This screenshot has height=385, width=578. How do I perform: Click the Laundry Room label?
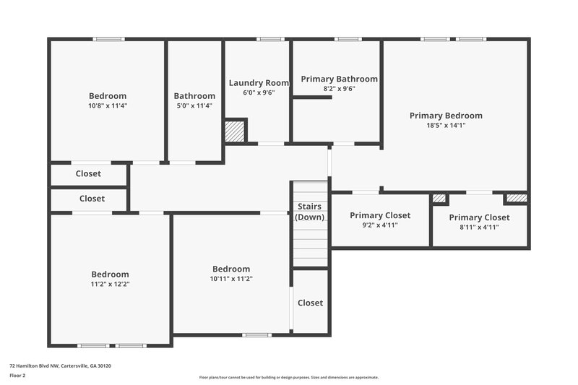click(259, 83)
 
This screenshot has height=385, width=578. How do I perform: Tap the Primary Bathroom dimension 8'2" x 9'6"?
click(339, 89)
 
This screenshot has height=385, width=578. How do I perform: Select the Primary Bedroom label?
click(446, 116)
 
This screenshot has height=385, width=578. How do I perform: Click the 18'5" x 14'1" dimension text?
click(446, 125)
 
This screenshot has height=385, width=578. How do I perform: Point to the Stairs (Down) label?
click(310, 212)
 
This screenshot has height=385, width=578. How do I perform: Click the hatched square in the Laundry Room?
click(235, 131)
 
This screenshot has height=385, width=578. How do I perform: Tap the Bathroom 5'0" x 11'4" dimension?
click(194, 105)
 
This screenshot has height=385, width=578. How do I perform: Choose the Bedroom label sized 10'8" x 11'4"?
click(108, 96)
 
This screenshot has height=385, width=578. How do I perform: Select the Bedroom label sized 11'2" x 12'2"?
click(110, 274)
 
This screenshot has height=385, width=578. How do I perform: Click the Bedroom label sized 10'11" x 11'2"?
click(231, 269)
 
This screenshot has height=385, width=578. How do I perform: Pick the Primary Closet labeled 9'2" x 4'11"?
click(380, 215)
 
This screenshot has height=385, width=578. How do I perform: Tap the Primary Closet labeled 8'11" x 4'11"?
click(479, 217)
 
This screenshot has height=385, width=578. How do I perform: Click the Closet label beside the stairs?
click(311, 303)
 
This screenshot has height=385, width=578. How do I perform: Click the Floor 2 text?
click(17, 376)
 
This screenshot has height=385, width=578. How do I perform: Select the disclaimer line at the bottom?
click(288, 377)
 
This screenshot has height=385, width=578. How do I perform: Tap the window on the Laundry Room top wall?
click(270, 39)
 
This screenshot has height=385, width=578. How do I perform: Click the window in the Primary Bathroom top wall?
click(348, 39)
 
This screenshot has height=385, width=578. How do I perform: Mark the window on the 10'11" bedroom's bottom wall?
click(256, 334)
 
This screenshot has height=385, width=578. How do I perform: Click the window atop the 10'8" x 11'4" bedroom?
click(108, 39)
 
